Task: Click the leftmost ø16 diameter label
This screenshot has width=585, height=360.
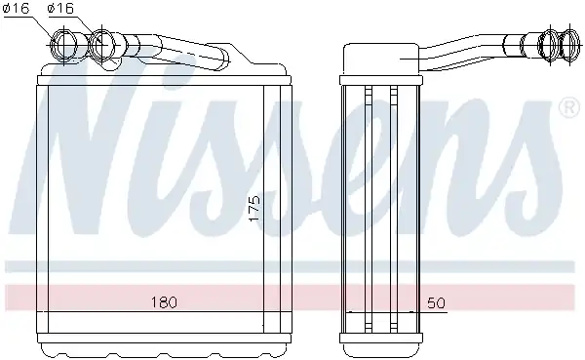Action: (x=16, y=8)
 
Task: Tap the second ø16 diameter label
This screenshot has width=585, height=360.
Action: (x=60, y=8)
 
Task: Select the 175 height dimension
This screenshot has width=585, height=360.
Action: (x=253, y=209)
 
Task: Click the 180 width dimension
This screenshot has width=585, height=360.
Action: (x=164, y=302)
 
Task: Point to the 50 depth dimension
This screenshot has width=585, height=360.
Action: (x=436, y=302)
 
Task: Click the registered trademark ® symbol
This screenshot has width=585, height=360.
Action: (x=569, y=107)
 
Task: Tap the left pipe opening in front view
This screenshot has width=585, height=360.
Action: (x=64, y=45)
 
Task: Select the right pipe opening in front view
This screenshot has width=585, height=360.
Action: (x=102, y=44)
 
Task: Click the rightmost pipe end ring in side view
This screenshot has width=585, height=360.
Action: (x=570, y=45)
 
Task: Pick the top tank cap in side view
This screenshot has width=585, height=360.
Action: (x=381, y=59)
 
